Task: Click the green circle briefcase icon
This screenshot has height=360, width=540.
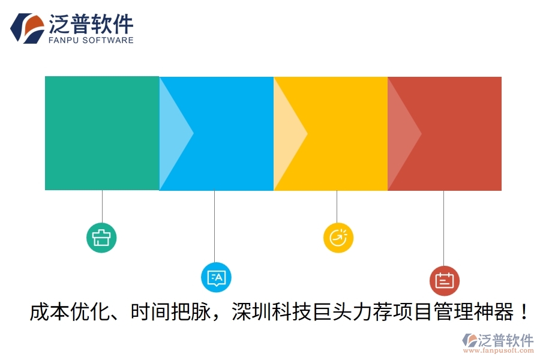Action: point(101,238)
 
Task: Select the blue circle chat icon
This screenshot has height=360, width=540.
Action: point(215,277)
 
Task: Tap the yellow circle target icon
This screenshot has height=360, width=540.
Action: point(338,238)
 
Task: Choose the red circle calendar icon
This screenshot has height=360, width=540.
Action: point(445,280)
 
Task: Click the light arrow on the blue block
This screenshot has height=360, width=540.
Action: point(174,133)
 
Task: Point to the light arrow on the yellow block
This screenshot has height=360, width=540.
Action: point(288,133)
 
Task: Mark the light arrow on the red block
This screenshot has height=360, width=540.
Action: point(402,133)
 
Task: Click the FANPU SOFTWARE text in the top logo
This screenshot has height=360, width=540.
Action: point(90,40)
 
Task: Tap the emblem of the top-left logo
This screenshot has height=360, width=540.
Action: point(28,28)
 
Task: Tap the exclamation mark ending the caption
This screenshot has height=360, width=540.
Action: point(523,313)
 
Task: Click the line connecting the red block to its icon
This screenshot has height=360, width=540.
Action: point(443,228)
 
